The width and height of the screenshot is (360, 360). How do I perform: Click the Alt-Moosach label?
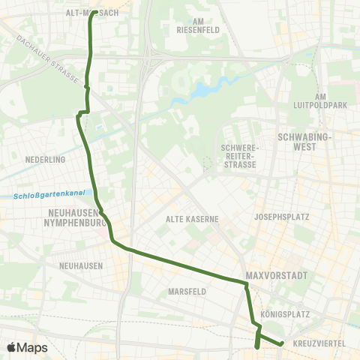pos(92,13)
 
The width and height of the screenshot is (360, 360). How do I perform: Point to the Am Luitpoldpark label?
pos(331,100)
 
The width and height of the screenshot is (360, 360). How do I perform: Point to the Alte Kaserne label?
pos(192,219)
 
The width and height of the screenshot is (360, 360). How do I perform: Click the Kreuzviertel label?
pos(318,343)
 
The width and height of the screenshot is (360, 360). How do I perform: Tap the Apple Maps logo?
pos(27,347)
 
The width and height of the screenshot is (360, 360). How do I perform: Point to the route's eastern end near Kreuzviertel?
pos(281,343)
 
